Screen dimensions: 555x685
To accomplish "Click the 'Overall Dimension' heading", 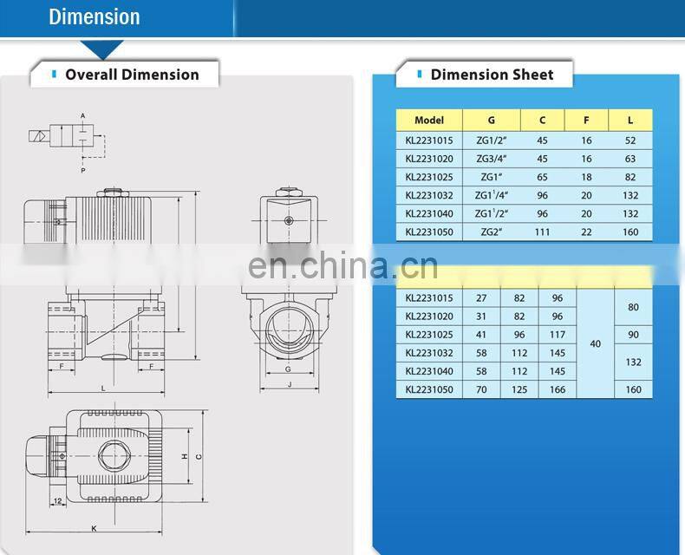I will (132, 75).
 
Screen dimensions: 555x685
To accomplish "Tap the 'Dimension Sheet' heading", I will (492, 75).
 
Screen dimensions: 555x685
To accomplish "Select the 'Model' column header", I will (428, 121).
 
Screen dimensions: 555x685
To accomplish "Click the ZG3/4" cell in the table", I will (491, 159).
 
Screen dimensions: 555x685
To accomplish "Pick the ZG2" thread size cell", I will (491, 232).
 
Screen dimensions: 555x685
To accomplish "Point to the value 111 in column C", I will (543, 232).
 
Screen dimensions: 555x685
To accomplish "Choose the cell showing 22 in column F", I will (586, 232).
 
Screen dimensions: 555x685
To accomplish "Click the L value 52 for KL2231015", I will (630, 140).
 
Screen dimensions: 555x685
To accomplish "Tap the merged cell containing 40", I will (595, 344).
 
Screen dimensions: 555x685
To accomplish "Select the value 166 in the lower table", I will (557, 390).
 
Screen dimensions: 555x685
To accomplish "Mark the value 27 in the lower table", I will (481, 298).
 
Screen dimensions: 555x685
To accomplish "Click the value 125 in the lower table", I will (519, 390).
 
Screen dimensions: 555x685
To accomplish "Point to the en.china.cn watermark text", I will (342, 265).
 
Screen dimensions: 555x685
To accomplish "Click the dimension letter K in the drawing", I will (93, 528).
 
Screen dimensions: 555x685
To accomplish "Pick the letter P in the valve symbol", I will (83, 171).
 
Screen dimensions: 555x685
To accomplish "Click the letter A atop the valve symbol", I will (83, 115).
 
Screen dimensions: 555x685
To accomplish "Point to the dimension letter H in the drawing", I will (185, 456).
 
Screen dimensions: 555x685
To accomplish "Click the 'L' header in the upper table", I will (630, 121).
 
